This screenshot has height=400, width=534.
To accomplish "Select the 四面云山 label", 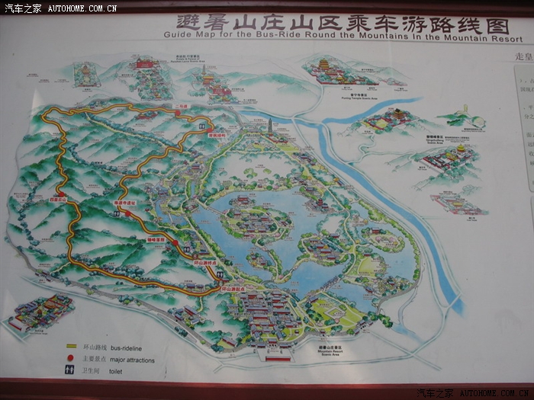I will click(x=60, y=199).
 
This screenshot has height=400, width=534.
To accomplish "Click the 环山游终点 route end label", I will click(x=206, y=261).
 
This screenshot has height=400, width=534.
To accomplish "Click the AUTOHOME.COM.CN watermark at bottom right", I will click(x=496, y=393).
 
